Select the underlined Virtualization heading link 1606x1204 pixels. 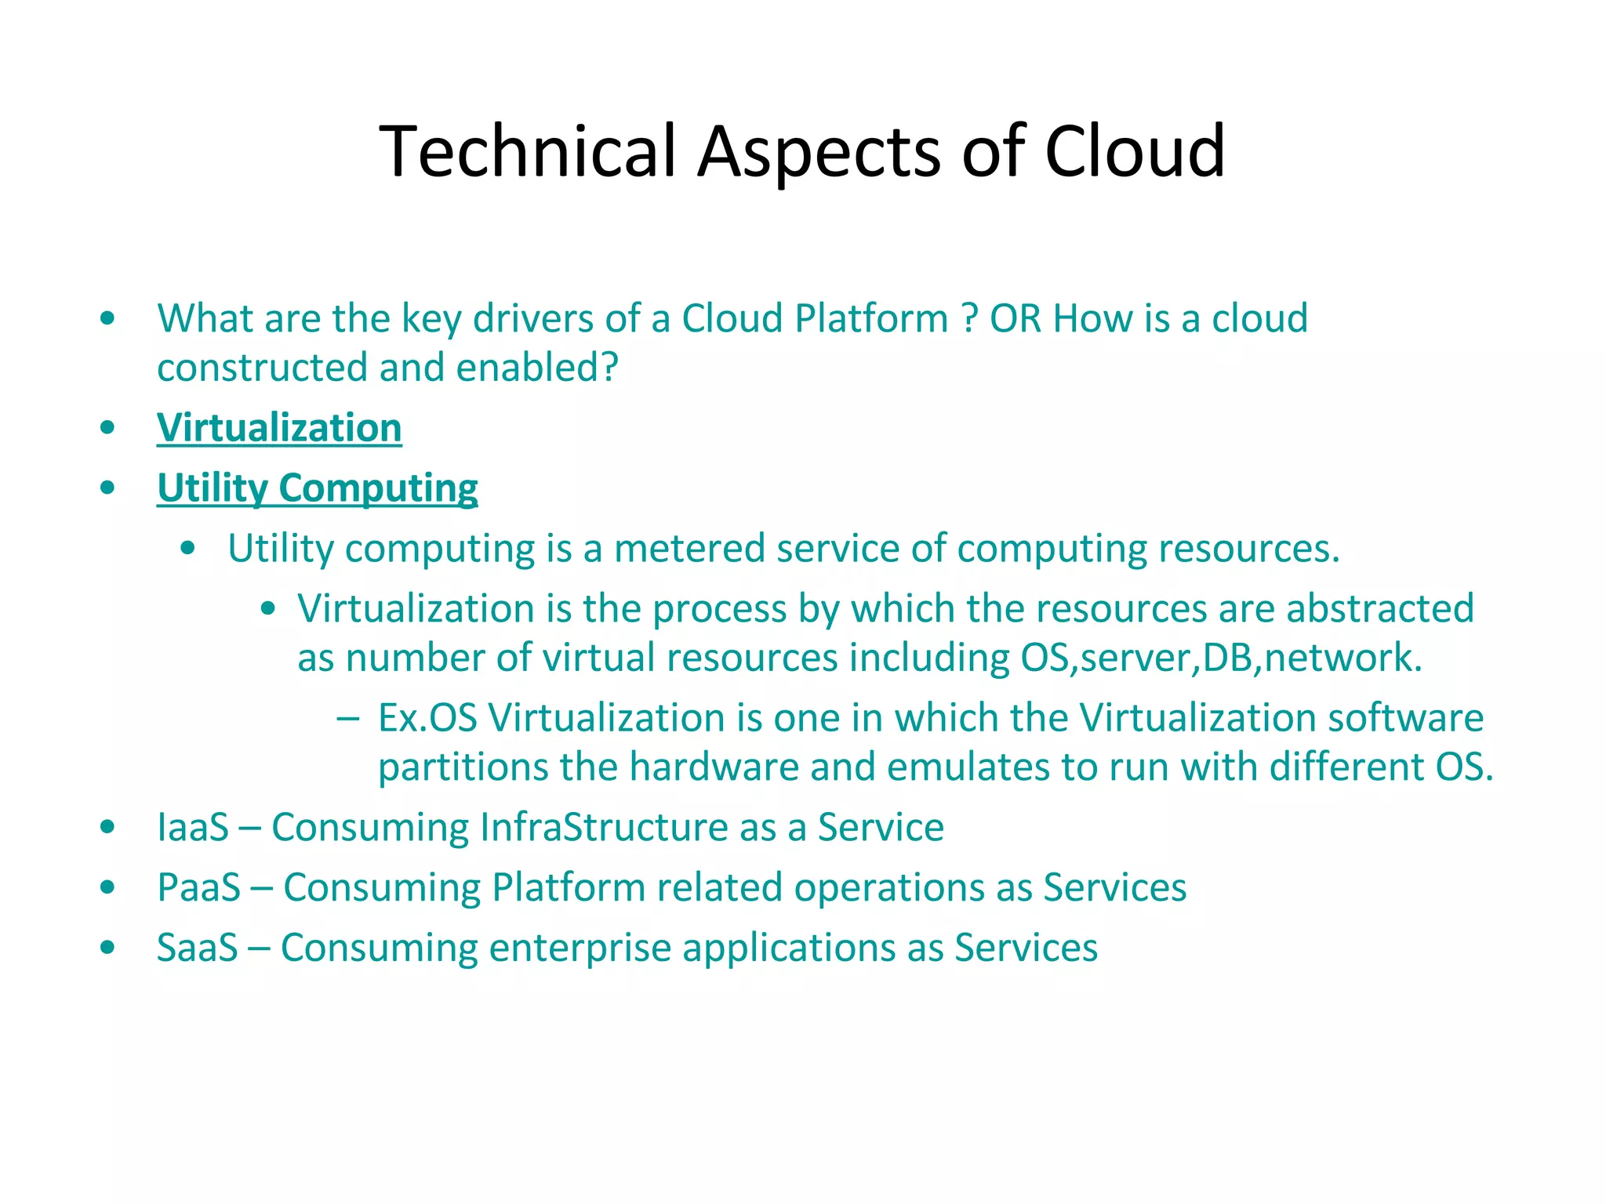pos(279,428)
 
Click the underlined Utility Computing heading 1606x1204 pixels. pos(318,488)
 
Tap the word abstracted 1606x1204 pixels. pos(1380,609)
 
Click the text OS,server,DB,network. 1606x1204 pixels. pos(1221,658)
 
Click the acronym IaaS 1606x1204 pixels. pos(193,828)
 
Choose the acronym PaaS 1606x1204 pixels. pos(198,888)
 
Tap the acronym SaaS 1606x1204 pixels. pos(197,948)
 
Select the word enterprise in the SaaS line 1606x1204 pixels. pos(580,948)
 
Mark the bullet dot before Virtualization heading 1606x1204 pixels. pos(108,428)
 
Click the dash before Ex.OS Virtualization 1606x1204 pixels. pos(347,718)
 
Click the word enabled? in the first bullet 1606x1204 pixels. pos(537,368)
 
